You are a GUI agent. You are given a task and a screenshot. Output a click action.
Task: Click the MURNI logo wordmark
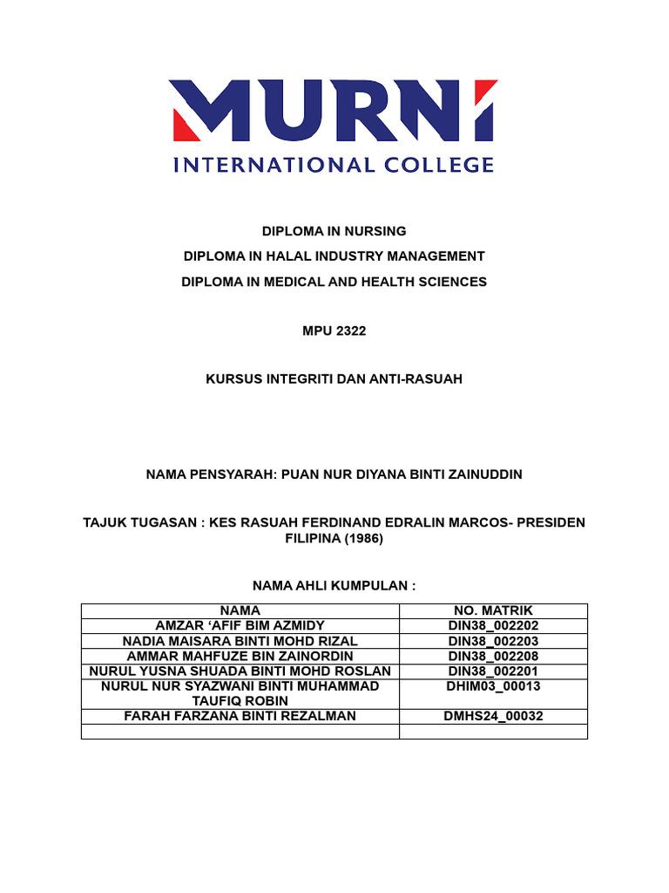click(334, 112)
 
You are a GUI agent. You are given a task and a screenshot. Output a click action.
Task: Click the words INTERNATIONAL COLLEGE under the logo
click(334, 164)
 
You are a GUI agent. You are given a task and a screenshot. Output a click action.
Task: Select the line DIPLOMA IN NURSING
click(334, 231)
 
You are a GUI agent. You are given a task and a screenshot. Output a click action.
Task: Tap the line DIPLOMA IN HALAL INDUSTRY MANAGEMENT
click(334, 256)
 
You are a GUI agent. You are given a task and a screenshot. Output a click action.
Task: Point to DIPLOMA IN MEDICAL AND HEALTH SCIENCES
click(334, 282)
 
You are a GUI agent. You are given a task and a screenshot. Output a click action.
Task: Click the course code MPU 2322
click(334, 332)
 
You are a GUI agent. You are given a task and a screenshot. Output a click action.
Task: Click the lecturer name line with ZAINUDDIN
click(334, 474)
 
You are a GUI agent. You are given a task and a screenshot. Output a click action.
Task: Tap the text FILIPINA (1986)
click(334, 539)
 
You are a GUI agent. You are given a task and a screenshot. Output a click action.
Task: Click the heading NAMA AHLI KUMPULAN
click(334, 585)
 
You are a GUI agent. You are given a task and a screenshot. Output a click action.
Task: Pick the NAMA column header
click(240, 611)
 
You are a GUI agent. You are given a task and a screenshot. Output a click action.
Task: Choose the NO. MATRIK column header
click(493, 611)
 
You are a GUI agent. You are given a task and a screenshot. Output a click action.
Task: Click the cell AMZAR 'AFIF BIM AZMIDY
click(240, 626)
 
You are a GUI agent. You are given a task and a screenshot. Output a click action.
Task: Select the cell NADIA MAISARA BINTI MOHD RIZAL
click(240, 641)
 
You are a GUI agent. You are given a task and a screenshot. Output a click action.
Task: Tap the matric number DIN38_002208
click(493, 656)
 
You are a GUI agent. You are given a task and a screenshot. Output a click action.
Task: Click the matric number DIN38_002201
click(493, 671)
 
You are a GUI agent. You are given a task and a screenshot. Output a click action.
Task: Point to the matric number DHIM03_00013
click(493, 686)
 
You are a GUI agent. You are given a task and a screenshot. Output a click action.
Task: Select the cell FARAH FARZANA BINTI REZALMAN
click(240, 717)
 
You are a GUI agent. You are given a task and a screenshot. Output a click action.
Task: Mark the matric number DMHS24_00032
click(493, 717)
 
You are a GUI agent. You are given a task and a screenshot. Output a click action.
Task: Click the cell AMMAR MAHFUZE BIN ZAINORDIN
click(240, 656)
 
